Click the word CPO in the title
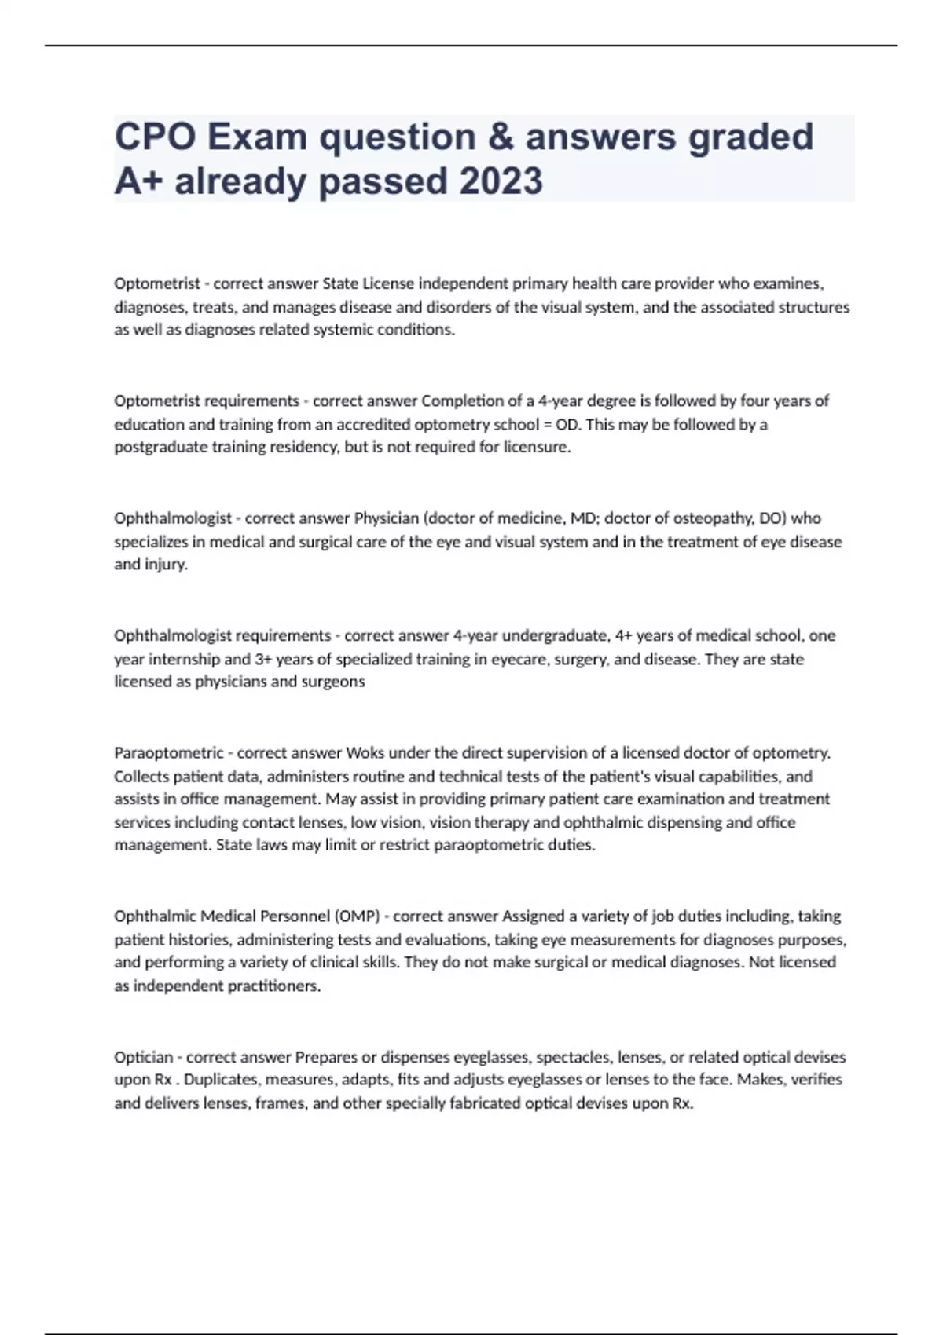[x=155, y=137]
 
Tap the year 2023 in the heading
[x=501, y=181]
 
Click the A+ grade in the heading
[x=138, y=181]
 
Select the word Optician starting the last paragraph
[x=143, y=1057]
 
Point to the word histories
[x=199, y=940]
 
